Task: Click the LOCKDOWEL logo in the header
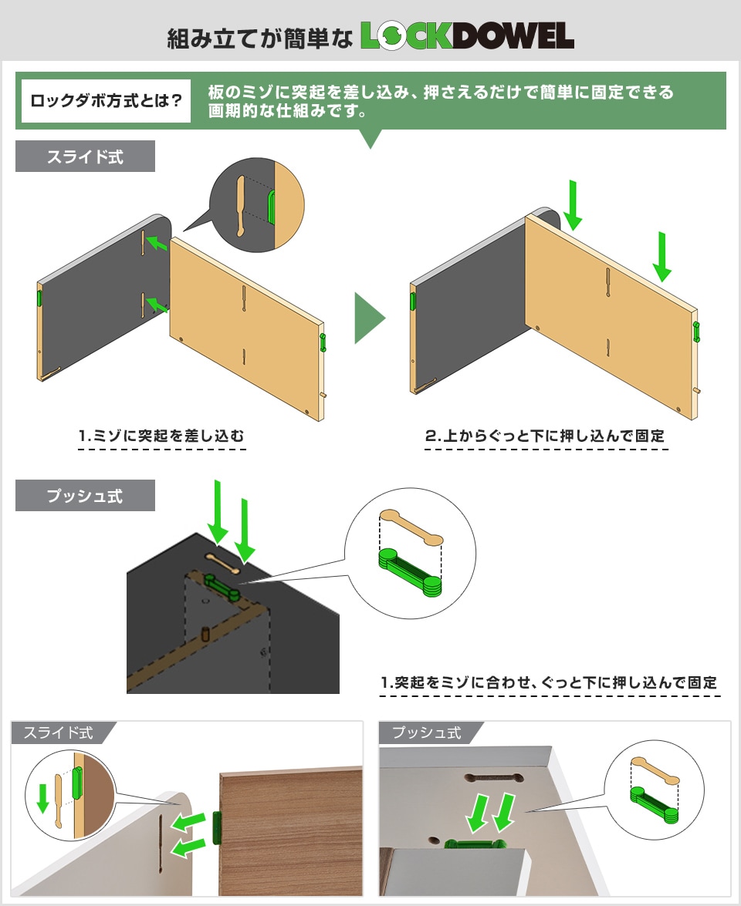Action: tap(467, 35)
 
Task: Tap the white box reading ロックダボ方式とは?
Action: tap(106, 101)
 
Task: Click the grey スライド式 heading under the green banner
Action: tap(85, 157)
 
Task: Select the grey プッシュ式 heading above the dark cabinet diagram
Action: tap(85, 496)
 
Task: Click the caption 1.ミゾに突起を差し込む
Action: tap(162, 436)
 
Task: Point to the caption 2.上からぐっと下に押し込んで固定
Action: tap(545, 436)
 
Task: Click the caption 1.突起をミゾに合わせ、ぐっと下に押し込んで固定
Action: tap(549, 683)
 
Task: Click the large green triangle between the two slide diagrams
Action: tap(368, 318)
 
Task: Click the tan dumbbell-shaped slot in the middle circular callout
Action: tap(411, 528)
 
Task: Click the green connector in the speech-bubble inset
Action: tap(271, 207)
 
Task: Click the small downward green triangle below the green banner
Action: tap(371, 139)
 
